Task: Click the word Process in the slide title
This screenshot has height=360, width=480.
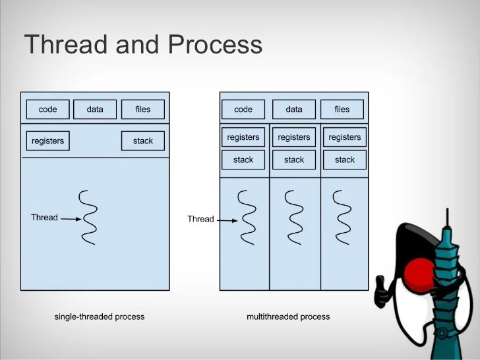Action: pyautogui.click(x=215, y=45)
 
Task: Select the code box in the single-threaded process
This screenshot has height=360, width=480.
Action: pyautogui.click(x=47, y=109)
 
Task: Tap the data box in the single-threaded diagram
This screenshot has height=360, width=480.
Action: pyautogui.click(x=95, y=109)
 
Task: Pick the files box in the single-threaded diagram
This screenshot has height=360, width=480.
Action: pyautogui.click(x=142, y=109)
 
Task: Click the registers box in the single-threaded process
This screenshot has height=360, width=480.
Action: pyautogui.click(x=47, y=141)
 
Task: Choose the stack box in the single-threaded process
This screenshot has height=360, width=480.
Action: pyautogui.click(x=142, y=141)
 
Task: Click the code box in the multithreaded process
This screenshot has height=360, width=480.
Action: pyautogui.click(x=243, y=109)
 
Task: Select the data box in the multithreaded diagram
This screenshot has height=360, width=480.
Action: pyautogui.click(x=294, y=109)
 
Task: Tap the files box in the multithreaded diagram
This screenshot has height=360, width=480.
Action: pyautogui.click(x=342, y=109)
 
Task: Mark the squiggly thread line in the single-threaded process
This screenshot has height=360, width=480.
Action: pyautogui.click(x=88, y=217)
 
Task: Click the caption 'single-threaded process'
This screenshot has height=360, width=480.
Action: pyautogui.click(x=99, y=317)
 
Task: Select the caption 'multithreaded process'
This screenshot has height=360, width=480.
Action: pyautogui.click(x=288, y=317)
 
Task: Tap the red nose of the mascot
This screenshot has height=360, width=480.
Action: pyautogui.click(x=418, y=270)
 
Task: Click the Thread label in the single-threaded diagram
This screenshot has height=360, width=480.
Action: pyautogui.click(x=44, y=218)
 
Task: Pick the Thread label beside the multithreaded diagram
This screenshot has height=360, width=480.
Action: pyautogui.click(x=200, y=219)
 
